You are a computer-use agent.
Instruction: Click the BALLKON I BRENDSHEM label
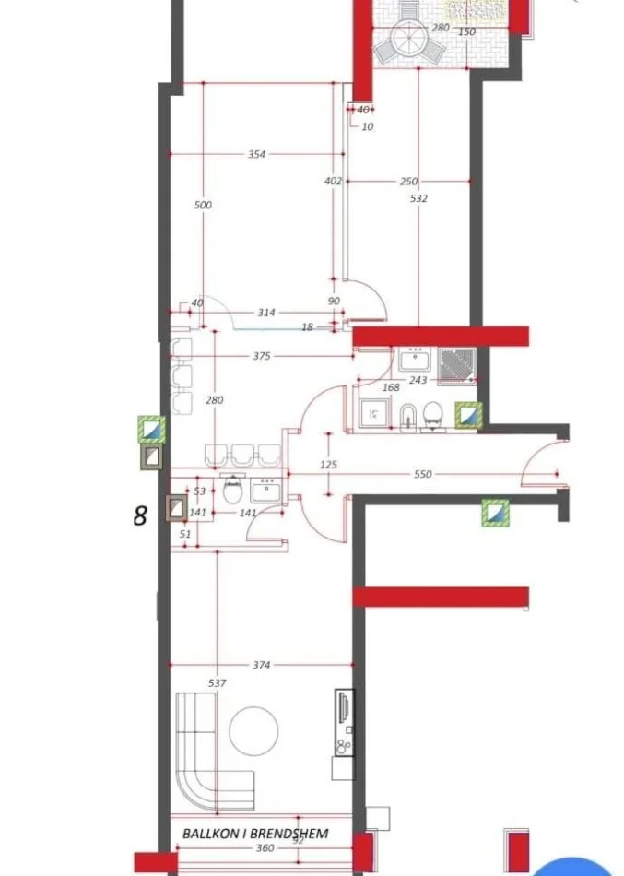pos(255,833)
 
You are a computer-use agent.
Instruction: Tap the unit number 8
pos(140,515)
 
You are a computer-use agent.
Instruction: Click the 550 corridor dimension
pos(422,474)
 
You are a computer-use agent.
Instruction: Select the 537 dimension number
pos(218,683)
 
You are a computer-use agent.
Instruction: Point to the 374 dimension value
pos(263,665)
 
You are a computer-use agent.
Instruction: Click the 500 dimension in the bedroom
pos(203,205)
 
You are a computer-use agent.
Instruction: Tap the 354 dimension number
pos(256,155)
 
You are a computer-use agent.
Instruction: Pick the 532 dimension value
pos(418,197)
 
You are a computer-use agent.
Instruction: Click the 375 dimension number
pos(263,355)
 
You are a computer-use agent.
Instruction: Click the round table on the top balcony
pos(406,39)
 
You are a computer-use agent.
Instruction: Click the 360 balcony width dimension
pos(265,848)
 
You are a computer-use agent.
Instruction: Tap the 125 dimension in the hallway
pos(328,466)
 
